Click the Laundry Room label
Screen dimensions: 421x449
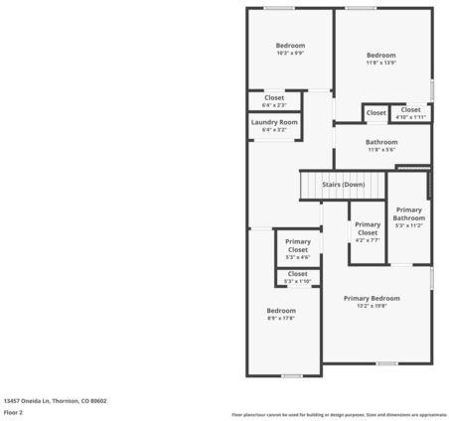click(x=273, y=122)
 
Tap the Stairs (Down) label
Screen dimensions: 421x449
click(x=343, y=185)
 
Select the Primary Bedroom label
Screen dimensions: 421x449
click(x=372, y=298)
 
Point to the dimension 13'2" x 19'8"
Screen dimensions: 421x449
click(x=372, y=306)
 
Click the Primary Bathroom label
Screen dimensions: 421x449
click(x=408, y=213)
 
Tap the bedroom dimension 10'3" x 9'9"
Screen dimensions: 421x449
click(x=290, y=54)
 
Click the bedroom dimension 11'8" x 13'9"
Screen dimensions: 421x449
click(x=381, y=63)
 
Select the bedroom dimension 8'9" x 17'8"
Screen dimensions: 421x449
click(x=281, y=318)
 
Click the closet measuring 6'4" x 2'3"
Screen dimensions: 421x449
click(x=274, y=104)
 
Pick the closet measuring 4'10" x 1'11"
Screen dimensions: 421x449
click(x=410, y=117)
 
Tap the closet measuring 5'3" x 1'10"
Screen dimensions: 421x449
click(x=297, y=281)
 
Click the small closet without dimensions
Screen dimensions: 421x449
click(x=375, y=113)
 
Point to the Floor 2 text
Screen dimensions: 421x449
click(x=13, y=411)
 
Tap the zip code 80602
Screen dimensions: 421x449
click(x=97, y=400)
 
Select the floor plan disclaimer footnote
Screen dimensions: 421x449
click(x=339, y=414)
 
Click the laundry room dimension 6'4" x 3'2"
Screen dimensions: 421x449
click(x=273, y=129)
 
